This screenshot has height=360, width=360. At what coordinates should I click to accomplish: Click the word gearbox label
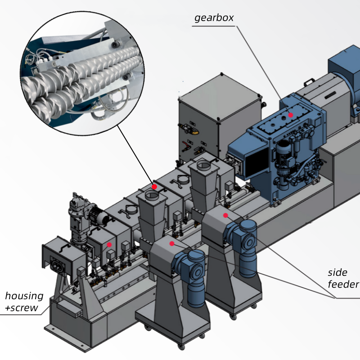(214, 18)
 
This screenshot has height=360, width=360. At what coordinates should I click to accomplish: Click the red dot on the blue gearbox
(291, 115)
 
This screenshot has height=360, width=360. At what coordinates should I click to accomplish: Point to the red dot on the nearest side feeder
(171, 243)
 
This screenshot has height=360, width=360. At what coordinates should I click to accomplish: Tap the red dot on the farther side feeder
(225, 216)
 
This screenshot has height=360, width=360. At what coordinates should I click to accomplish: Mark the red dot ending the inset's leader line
(154, 186)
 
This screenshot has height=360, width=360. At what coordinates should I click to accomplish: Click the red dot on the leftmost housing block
(109, 245)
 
